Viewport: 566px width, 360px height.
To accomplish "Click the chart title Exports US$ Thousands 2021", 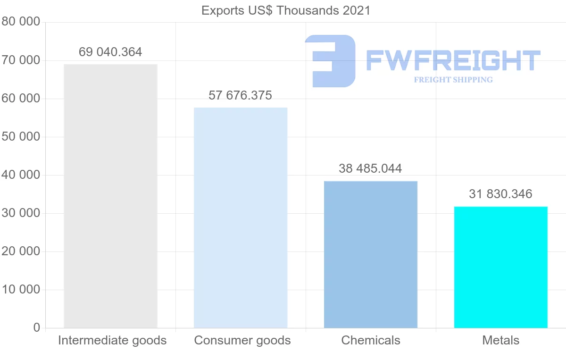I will click(286, 10).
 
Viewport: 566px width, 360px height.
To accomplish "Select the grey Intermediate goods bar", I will click(110, 196).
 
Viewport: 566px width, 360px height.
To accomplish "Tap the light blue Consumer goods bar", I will click(241, 218).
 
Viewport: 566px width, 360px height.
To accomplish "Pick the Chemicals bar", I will click(371, 254).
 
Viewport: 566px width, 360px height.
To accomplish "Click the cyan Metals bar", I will click(501, 267).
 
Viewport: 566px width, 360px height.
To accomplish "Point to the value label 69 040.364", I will click(110, 52).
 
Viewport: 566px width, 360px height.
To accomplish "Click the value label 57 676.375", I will click(241, 95).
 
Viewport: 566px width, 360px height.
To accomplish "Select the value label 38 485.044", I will click(371, 168).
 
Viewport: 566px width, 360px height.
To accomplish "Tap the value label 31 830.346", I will click(501, 194).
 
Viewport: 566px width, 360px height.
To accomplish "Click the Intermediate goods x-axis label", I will click(112, 340).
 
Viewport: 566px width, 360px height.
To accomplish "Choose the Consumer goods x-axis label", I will click(242, 340).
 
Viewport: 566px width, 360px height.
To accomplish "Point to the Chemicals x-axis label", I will click(371, 340).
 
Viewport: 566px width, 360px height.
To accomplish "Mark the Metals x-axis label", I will click(501, 340).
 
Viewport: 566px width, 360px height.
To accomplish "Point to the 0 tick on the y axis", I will click(37, 328).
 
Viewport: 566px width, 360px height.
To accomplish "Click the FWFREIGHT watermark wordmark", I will click(453, 61).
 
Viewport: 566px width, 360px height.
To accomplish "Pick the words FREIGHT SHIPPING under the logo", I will click(453, 80).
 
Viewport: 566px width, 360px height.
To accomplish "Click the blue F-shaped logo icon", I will click(329, 61).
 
